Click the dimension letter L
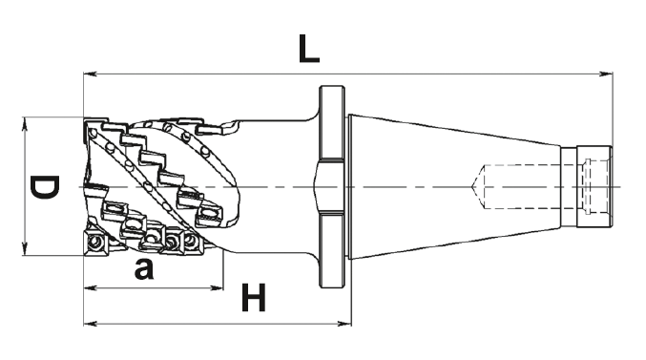tap(308, 49)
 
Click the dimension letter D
tap(45, 187)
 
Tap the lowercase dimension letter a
tap(144, 269)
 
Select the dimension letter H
tap(254, 297)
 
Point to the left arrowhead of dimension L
tap(91, 74)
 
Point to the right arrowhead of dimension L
tap(606, 74)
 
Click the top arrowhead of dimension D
tap(24, 124)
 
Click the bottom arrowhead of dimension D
tap(24, 248)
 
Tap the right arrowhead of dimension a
tap(217, 287)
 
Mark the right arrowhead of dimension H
tap(344, 324)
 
